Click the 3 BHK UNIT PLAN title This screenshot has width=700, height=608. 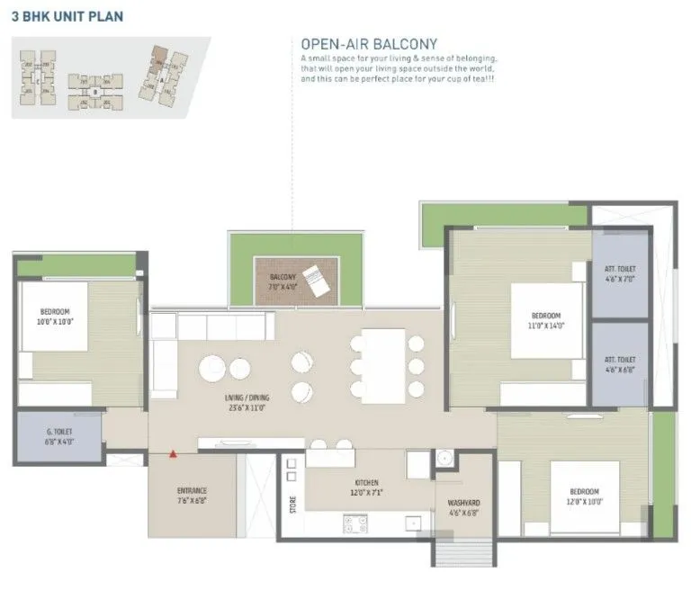point(67,16)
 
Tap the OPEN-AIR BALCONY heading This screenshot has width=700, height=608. point(369,43)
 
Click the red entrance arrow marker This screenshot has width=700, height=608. point(173,454)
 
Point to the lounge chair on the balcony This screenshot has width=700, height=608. point(319,279)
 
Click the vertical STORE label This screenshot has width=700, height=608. point(292,505)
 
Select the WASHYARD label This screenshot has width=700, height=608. point(463,508)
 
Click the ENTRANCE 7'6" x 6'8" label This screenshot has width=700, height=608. point(192,496)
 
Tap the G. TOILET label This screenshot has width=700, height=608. point(59,437)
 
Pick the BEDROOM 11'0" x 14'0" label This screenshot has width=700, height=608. point(546,321)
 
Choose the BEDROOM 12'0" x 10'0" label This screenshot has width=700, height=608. point(584,496)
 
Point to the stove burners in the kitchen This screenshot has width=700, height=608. point(354,523)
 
